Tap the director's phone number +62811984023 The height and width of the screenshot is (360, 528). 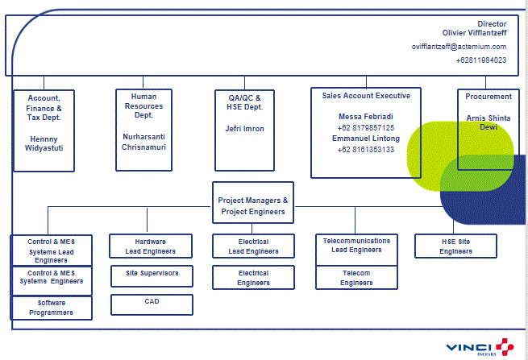click(480, 60)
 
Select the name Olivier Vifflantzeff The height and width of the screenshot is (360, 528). click(475, 32)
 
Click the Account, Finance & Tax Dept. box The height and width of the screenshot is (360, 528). click(44, 129)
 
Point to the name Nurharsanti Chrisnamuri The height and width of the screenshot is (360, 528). click(143, 142)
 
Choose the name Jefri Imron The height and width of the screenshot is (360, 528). click(244, 128)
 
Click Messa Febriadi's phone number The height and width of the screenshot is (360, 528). click(366, 127)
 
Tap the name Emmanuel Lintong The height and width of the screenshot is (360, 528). click(366, 139)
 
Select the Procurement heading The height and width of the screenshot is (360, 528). click(489, 97)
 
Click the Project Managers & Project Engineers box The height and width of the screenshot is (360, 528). click(253, 205)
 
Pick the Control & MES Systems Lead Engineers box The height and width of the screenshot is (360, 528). click(52, 250)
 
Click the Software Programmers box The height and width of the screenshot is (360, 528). click(52, 308)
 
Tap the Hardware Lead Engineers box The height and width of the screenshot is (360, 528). click(151, 246)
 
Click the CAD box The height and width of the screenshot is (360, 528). click(151, 304)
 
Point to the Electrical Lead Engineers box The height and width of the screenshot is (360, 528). click(253, 246)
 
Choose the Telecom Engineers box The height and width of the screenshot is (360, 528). click(355, 278)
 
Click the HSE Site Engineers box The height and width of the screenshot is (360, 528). click(455, 246)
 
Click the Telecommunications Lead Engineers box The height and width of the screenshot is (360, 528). click(355, 246)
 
